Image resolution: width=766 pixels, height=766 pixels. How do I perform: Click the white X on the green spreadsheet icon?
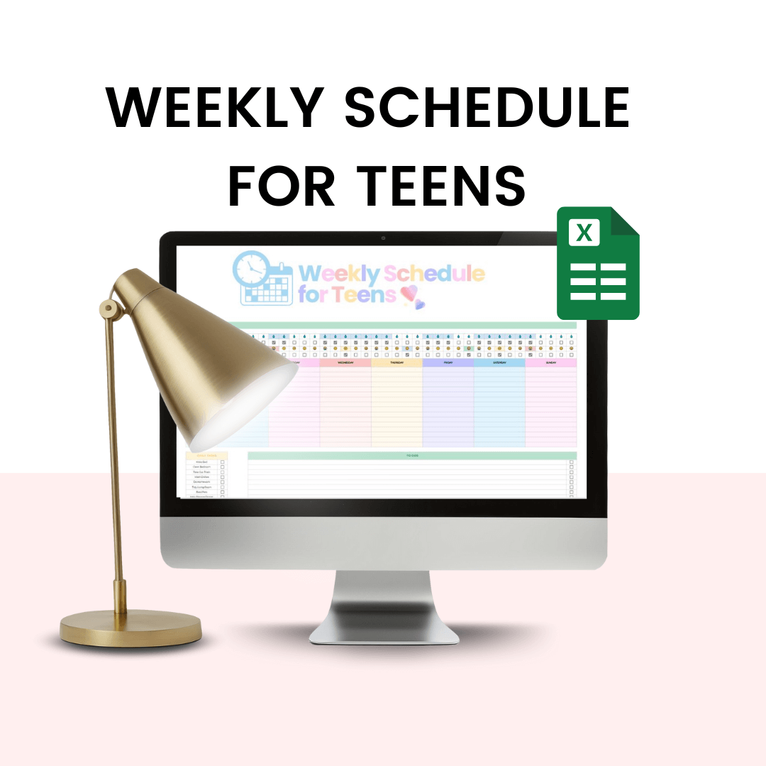tap(584, 233)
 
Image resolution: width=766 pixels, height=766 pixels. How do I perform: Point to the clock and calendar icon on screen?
tap(264, 278)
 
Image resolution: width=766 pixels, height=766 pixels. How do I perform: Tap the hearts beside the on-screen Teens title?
tap(412, 296)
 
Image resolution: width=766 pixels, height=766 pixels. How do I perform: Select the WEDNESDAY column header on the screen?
tap(345, 362)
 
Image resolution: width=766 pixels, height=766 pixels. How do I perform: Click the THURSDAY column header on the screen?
tap(396, 362)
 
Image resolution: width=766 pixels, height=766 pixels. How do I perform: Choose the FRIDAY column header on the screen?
tap(448, 362)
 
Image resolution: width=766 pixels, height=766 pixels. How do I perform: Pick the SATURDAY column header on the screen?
tap(499, 362)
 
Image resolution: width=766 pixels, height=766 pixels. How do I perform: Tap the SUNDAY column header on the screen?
tap(550, 362)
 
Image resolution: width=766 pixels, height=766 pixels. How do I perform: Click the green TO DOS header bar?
tap(411, 455)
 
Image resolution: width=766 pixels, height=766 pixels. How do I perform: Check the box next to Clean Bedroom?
tap(222, 467)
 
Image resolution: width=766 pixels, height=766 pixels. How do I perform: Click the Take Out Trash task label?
tap(201, 472)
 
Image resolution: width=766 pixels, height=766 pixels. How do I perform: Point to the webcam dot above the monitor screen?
tap(383, 238)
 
